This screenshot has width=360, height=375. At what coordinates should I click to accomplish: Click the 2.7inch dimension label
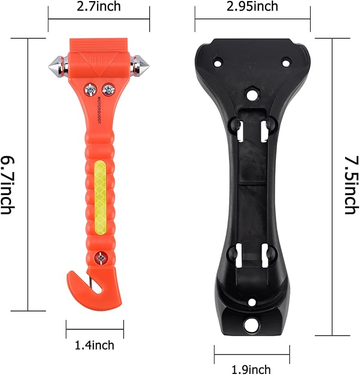99,7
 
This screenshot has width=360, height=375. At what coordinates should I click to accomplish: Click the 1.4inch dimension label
94,345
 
